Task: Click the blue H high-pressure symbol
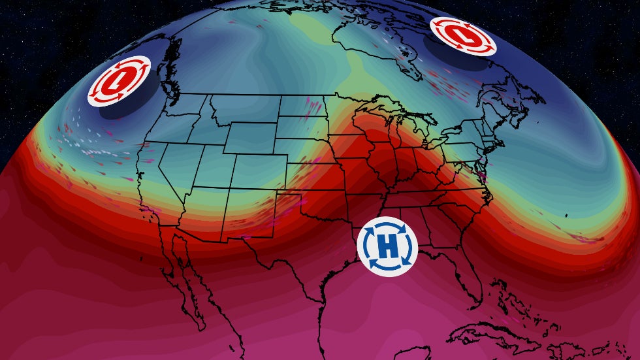[388, 246]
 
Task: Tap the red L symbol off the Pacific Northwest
[120, 81]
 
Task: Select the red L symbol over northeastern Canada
[462, 36]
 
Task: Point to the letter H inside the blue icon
[388, 246]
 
